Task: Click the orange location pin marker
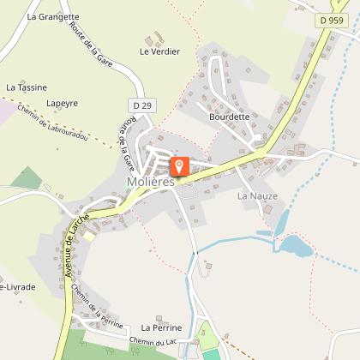pos(179,165)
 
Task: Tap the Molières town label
pos(150,182)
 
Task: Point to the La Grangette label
pos(53,16)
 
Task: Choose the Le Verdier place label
pos(160,51)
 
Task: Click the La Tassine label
pos(26,87)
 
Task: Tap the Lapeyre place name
pos(62,103)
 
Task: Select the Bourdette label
pos(229,117)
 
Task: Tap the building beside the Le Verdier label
pos(155,39)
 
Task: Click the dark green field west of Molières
pos(26,179)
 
